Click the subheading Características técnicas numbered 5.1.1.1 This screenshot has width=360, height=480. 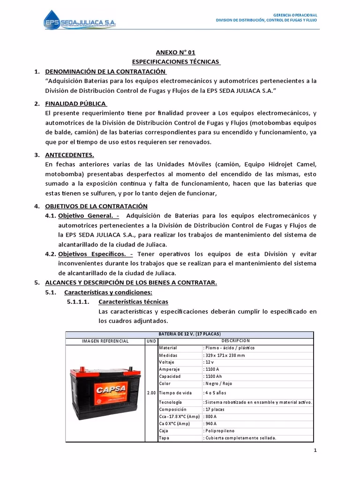(x=133, y=301)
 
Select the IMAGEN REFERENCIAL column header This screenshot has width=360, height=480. (x=105, y=341)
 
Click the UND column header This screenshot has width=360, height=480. (x=151, y=341)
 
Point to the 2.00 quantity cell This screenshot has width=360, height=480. (x=151, y=393)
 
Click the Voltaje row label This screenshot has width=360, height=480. (x=167, y=362)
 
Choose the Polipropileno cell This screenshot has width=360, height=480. (x=219, y=430)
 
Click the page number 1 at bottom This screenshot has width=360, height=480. (x=315, y=451)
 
